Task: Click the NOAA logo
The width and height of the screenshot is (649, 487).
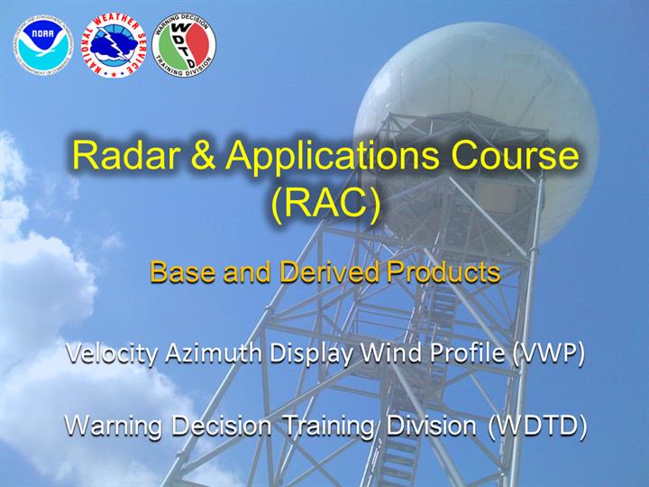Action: coord(43,45)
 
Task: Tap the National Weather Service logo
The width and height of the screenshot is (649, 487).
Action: coord(114,45)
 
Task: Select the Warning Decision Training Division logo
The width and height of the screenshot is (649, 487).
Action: coord(184,44)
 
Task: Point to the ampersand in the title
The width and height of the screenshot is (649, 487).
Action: coord(203,155)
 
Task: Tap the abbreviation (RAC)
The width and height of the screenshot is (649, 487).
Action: coord(325,204)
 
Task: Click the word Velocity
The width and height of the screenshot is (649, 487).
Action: coord(112,354)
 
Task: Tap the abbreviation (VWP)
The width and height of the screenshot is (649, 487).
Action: coord(548,354)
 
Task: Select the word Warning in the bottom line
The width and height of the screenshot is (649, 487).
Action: coord(113,427)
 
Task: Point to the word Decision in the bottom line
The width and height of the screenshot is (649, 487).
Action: coord(222,426)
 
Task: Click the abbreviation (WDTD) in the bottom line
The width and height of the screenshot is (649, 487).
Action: coord(537,427)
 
